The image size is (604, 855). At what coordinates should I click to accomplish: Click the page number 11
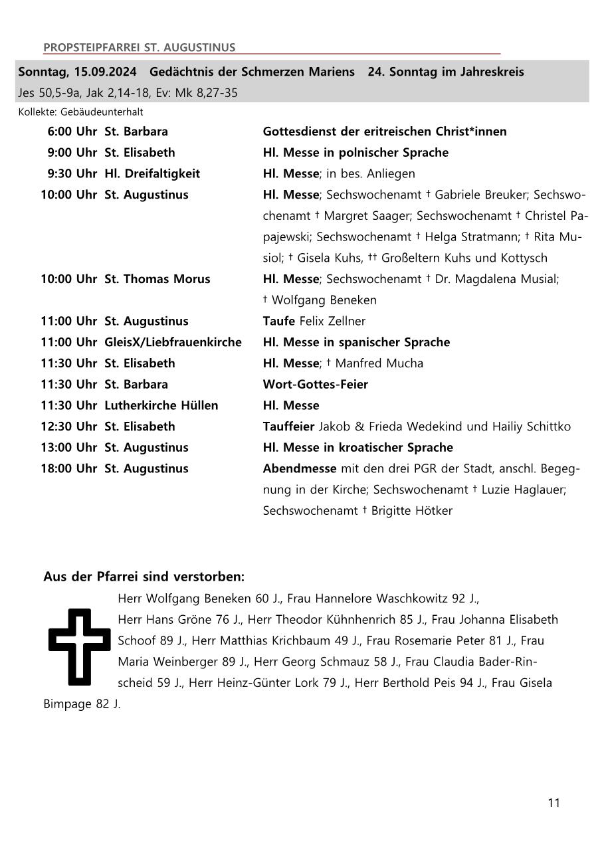pos(554,803)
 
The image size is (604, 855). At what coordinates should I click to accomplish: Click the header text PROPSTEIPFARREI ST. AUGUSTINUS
pos(139,48)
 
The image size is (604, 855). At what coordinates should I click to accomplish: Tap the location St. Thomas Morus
pos(157,279)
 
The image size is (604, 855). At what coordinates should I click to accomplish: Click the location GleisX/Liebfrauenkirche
pos(173,342)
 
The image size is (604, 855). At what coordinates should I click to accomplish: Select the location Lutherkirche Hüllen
pos(161,405)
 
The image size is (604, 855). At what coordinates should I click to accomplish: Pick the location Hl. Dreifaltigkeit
pos(152,174)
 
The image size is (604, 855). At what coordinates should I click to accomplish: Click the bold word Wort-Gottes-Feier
pos(315,385)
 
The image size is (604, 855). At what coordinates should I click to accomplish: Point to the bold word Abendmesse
pos(300,469)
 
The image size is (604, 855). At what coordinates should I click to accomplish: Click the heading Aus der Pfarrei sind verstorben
pos(144,577)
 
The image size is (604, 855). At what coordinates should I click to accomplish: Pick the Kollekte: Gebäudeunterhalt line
pos(80,112)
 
